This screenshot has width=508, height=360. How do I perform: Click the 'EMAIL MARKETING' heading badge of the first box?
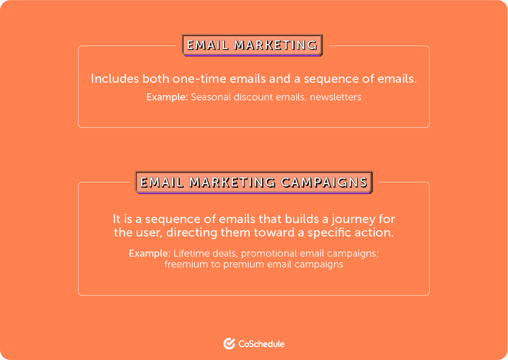pyautogui.click(x=252, y=45)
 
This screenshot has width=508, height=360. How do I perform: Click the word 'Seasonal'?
pyautogui.click(x=211, y=97)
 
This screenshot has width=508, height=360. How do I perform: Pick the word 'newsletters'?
pyautogui.click(x=336, y=97)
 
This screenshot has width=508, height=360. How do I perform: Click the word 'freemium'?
pyautogui.click(x=185, y=265)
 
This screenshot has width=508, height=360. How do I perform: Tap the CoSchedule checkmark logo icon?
pyautogui.click(x=229, y=343)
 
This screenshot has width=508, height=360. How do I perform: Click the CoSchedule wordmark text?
pyautogui.click(x=261, y=344)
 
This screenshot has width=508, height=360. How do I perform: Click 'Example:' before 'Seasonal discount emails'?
pyautogui.click(x=167, y=97)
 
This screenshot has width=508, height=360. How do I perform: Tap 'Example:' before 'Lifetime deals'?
pyautogui.click(x=149, y=253)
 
